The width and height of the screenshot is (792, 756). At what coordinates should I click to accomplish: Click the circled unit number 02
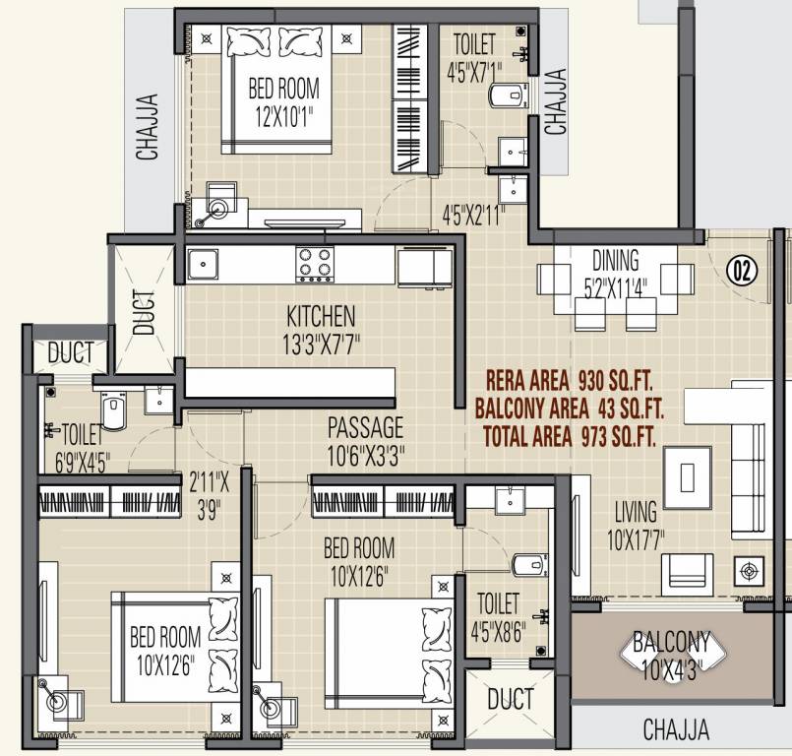point(743,270)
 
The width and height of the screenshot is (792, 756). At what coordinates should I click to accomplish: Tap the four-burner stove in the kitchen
point(315,264)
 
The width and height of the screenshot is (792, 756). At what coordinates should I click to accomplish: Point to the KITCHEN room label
point(321,317)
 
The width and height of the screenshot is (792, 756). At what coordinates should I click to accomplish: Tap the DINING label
point(615,261)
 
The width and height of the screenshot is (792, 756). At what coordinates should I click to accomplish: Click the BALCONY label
point(671,643)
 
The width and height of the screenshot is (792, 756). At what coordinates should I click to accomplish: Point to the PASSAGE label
point(365,428)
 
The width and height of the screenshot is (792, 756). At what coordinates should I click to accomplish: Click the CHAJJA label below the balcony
point(676,729)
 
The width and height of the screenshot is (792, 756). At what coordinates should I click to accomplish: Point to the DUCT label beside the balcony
point(510,700)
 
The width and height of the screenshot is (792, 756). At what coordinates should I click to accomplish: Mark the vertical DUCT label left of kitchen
point(144,310)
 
